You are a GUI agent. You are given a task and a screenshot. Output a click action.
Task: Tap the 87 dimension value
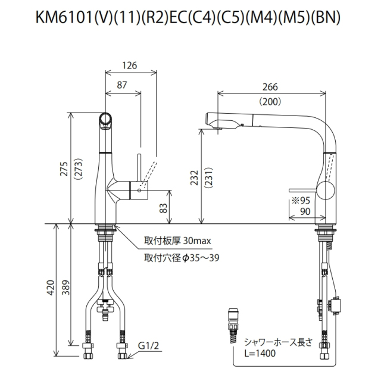(x=122, y=85)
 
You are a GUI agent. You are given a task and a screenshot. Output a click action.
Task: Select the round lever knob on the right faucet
(x=325, y=192)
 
